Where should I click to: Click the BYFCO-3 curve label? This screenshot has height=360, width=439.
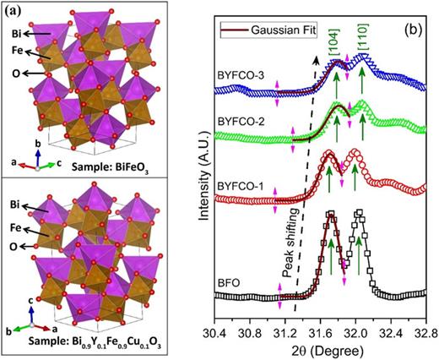[240, 74]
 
